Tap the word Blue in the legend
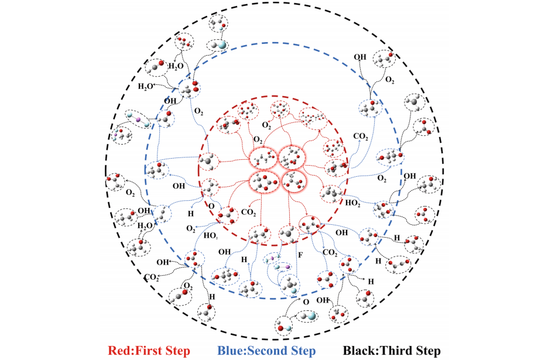tap(231, 351)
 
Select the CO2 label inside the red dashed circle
tap(248, 212)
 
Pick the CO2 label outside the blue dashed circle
tap(152, 277)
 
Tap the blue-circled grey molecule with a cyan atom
tap(291, 285)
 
